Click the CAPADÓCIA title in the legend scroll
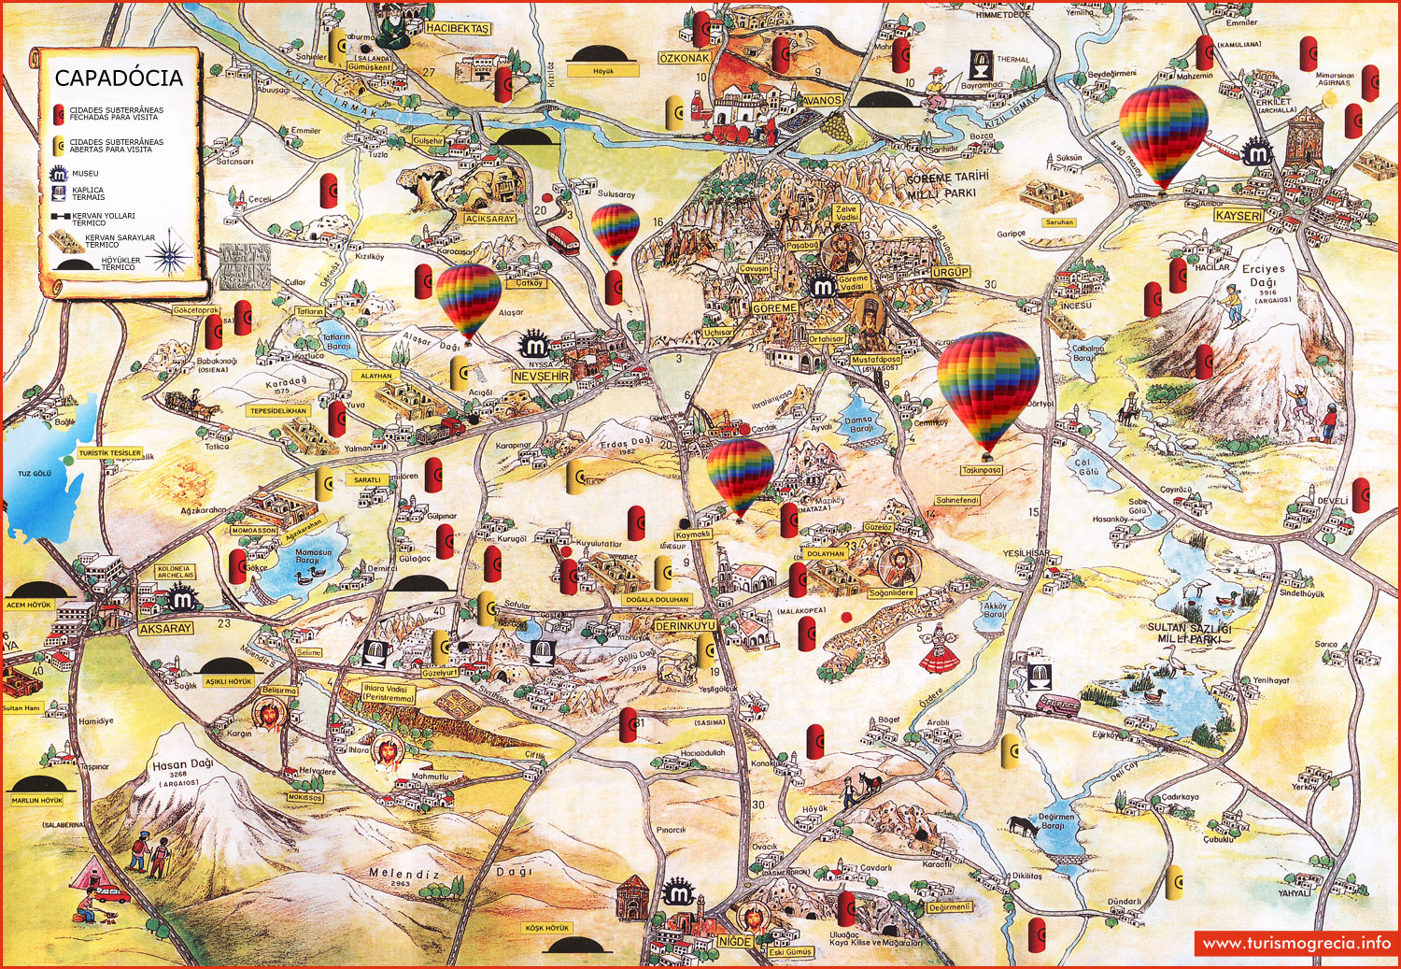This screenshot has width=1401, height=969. pyautogui.click(x=119, y=78)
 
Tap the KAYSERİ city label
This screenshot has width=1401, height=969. pyautogui.click(x=1238, y=216)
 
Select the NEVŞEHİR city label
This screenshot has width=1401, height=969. pyautogui.click(x=541, y=376)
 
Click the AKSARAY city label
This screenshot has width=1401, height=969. pyautogui.click(x=165, y=629)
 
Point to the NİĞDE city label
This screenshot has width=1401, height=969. pyautogui.click(x=734, y=941)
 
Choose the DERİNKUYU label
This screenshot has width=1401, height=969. pyautogui.click(x=685, y=625)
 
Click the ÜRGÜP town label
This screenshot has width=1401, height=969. pyautogui.click(x=951, y=272)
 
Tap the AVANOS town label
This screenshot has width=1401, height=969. pyautogui.click(x=821, y=100)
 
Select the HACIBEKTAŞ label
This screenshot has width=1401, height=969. pyautogui.click(x=457, y=29)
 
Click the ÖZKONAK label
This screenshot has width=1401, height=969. pyautogui.click(x=685, y=58)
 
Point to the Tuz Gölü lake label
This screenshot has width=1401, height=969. pyautogui.click(x=35, y=474)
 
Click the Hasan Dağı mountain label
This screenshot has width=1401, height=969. pyautogui.click(x=182, y=765)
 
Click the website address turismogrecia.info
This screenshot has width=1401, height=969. pyautogui.click(x=1296, y=943)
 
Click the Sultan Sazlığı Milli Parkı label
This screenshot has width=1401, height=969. pyautogui.click(x=1189, y=634)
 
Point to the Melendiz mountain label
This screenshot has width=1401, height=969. pyautogui.click(x=403, y=874)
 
